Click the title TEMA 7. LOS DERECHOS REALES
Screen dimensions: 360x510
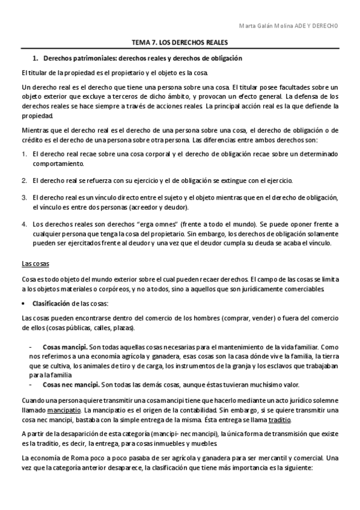pos(180,43)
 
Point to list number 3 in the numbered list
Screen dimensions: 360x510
pos(24,197)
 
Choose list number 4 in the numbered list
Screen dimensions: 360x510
pos(24,224)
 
